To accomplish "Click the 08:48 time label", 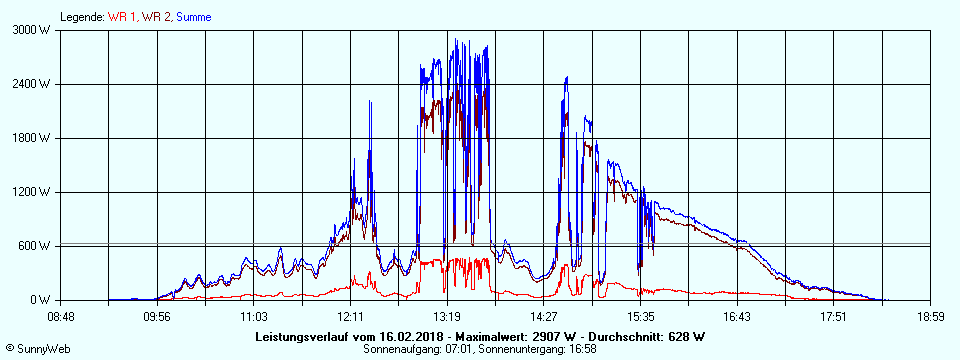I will [60, 317].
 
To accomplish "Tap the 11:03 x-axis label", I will [253, 317].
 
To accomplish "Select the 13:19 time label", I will [446, 317].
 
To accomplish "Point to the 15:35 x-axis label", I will [640, 317].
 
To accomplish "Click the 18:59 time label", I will [930, 317].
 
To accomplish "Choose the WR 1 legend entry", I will [124, 17].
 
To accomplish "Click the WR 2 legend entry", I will [157, 17].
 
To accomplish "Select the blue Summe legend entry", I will [193, 17].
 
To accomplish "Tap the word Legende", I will [81, 17].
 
